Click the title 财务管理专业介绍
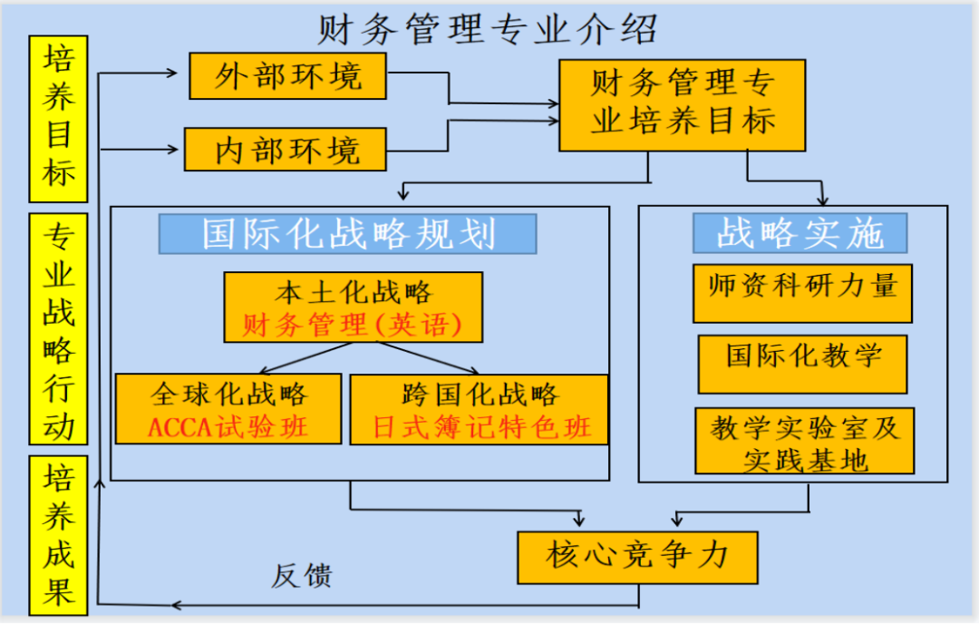tap(487, 29)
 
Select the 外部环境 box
tap(287, 76)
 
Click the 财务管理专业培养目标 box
tap(682, 104)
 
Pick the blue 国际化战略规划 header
tap(348, 234)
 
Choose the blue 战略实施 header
tap(800, 233)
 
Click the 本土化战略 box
tap(354, 293)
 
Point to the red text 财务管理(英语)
tap(354, 325)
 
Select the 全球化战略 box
tap(228, 395)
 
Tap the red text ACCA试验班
tap(228, 427)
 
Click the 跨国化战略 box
tap(480, 395)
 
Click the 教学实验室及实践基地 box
tap(804, 442)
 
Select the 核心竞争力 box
tap(637, 556)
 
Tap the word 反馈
tap(302, 575)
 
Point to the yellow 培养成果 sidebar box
tap(58, 535)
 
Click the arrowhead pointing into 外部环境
tap(173, 71)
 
